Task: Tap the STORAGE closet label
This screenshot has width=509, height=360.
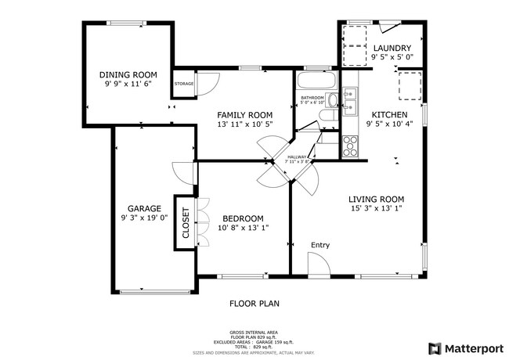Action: coord(184,83)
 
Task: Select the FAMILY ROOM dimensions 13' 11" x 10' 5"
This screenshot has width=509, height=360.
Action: coord(244,124)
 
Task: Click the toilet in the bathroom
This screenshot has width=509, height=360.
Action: coord(328,117)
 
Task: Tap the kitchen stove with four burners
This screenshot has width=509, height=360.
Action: coord(350,145)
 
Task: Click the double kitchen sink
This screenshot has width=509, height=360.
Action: coord(350,102)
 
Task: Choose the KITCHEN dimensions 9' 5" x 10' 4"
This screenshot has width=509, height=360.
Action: coord(389,124)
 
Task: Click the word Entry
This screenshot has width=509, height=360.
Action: coord(320,245)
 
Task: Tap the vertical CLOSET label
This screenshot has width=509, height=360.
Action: coord(186,222)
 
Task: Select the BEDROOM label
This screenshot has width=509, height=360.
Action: coord(243,218)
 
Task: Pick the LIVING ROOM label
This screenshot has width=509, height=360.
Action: coord(376,199)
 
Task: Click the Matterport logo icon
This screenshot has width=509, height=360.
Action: coord(432,347)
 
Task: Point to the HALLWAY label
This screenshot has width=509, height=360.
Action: coord(297,157)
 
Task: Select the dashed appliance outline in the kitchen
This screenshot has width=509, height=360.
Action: coord(409,85)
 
